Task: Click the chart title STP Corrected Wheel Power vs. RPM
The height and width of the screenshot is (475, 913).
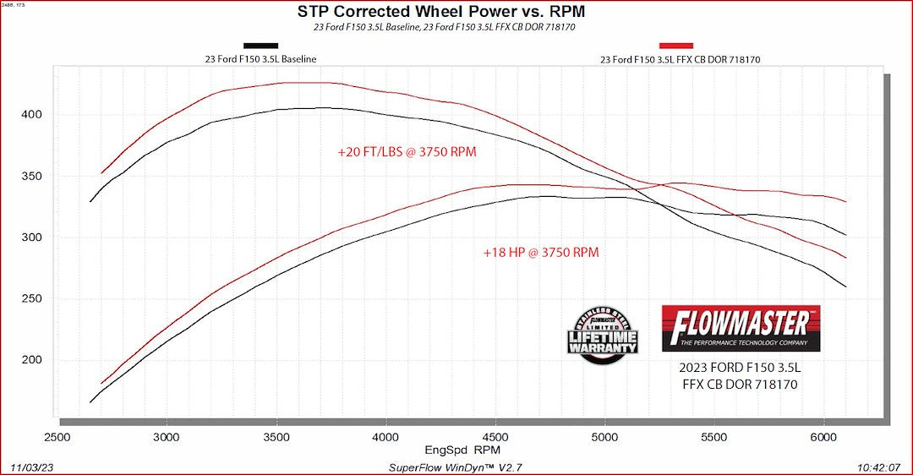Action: coord(440,12)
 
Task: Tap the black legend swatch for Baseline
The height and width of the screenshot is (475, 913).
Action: coord(260,46)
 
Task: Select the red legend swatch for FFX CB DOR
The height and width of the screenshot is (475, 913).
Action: coord(675,46)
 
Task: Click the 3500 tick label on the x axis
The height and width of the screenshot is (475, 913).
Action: coord(276,437)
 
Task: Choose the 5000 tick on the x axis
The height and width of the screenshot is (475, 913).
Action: coord(604,437)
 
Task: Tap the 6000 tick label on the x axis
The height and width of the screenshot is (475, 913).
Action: coord(823,437)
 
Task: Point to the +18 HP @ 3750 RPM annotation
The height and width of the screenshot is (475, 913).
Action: coord(541,252)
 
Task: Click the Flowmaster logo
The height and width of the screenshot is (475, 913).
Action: coord(741,328)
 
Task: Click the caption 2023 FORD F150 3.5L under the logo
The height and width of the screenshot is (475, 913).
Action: coord(740,369)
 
